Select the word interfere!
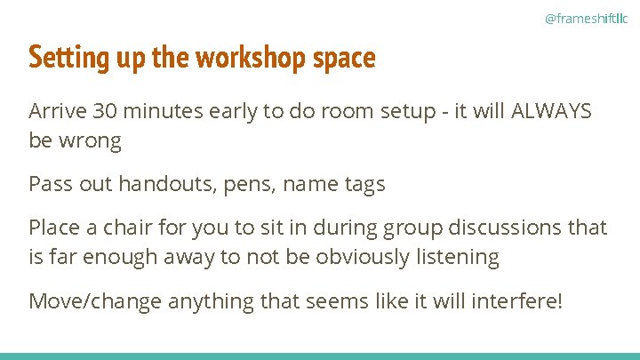(x=519, y=300)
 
